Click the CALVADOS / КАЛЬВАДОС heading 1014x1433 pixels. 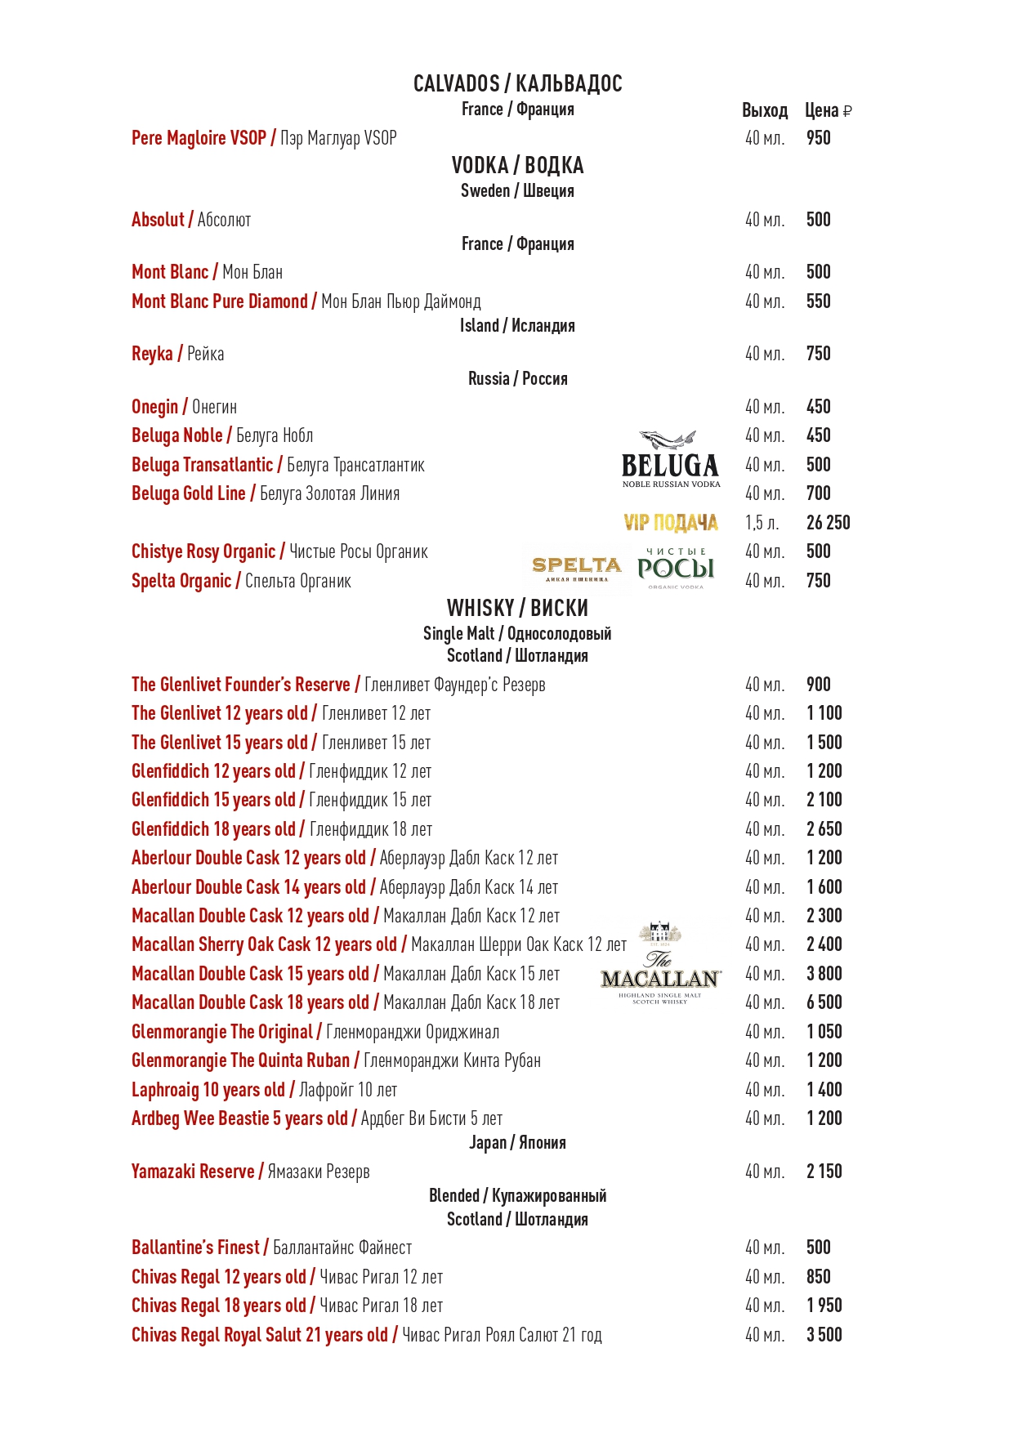click(x=517, y=83)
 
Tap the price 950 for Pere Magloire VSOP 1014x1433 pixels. click(x=818, y=138)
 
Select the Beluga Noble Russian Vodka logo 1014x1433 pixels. click(x=670, y=460)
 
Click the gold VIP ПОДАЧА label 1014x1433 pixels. click(x=670, y=523)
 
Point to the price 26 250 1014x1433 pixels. click(x=828, y=523)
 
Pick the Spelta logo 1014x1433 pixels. click(x=577, y=568)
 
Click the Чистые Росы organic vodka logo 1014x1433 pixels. click(x=676, y=568)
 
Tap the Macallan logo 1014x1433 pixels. click(x=660, y=965)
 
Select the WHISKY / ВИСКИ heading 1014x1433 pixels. click(x=517, y=608)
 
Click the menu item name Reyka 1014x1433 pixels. click(x=153, y=354)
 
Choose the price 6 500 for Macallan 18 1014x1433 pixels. click(x=824, y=1002)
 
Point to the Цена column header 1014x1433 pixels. click(x=828, y=110)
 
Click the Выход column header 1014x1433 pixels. click(x=764, y=110)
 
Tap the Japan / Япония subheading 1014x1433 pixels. click(x=517, y=1142)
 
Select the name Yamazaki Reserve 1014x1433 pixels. click(x=193, y=1172)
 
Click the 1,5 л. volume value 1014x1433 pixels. click(x=762, y=523)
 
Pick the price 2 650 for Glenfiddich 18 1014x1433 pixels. click(x=824, y=829)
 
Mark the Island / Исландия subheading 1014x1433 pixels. click(x=517, y=325)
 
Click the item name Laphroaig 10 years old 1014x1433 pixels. click(x=208, y=1090)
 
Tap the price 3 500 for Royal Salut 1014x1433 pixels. click(x=824, y=1335)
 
